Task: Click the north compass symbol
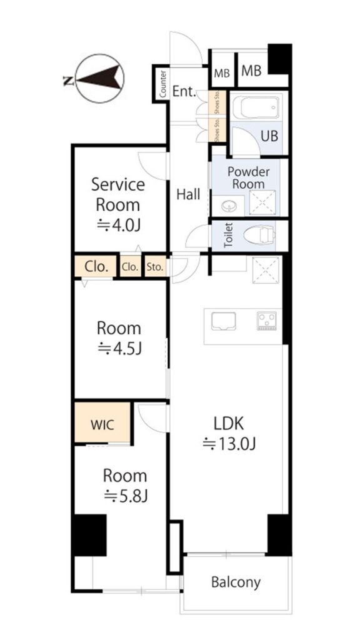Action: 100,78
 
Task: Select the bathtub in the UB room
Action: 256,107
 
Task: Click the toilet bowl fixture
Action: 259,236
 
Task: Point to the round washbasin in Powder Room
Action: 229,206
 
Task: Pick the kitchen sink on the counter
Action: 223,321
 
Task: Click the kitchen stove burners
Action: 266,321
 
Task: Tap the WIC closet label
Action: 103,424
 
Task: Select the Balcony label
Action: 236,582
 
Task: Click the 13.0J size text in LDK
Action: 229,443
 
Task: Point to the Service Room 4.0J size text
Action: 118,225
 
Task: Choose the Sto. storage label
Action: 155,267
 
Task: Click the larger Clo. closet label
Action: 97,267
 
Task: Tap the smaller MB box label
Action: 222,74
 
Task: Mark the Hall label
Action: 188,194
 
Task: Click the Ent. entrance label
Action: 184,91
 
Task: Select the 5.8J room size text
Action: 126,496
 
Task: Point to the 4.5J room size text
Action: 119,348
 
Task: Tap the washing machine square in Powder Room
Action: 262,202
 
